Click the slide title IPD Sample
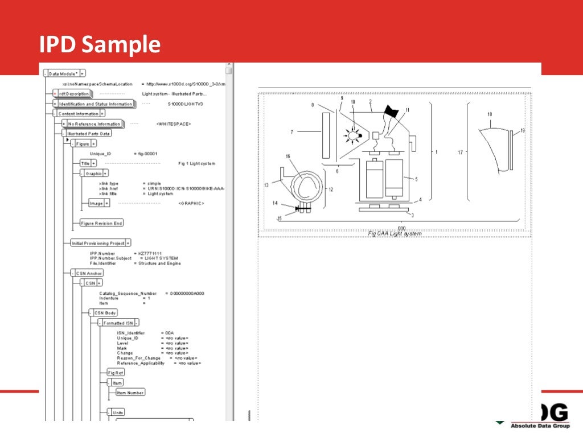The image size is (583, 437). click(100, 44)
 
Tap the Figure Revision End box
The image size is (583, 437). click(101, 224)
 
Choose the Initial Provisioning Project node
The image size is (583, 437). click(97, 243)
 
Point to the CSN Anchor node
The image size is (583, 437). click(89, 273)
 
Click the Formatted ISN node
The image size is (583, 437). click(118, 323)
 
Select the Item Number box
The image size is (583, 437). click(130, 392)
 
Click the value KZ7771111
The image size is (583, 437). click(150, 254)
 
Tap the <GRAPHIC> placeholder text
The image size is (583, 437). click(191, 203)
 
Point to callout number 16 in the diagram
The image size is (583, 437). click(288, 156)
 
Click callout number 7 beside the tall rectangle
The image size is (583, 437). click(291, 132)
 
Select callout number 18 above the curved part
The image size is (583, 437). click(490, 114)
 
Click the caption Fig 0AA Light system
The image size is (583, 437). click(395, 234)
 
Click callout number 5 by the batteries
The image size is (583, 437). click(416, 179)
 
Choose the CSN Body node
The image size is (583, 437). click(105, 312)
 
